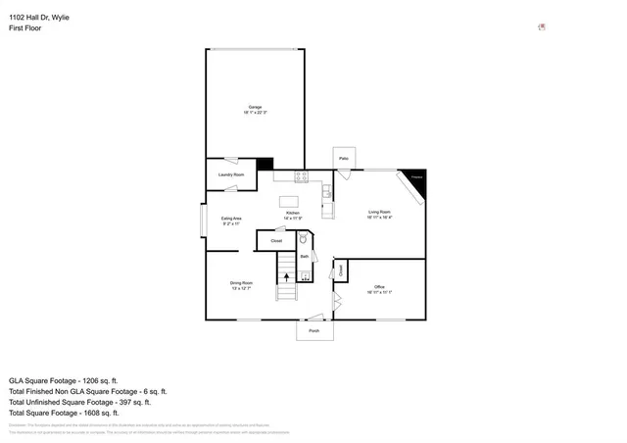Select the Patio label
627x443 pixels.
(344, 158)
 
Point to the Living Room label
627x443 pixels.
(379, 214)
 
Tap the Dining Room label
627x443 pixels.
(241, 284)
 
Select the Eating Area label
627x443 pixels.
(231, 221)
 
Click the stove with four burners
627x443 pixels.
(301, 176)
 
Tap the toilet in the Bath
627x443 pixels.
(304, 239)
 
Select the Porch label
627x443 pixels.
(314, 331)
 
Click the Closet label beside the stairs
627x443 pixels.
(276, 240)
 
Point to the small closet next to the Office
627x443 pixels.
(340, 270)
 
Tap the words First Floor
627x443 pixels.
(25, 28)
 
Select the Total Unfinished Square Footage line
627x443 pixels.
(79, 402)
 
